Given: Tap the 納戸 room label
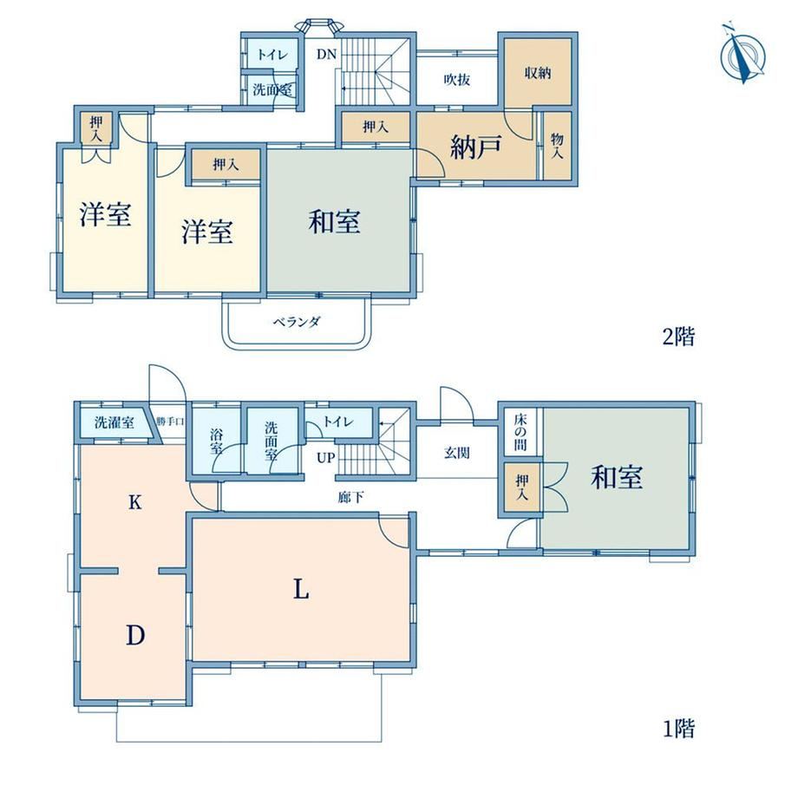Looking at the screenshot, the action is pyautogui.click(x=476, y=147).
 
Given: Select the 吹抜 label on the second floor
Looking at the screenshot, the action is pyautogui.click(x=456, y=80).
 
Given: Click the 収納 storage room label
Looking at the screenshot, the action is pyautogui.click(x=538, y=73).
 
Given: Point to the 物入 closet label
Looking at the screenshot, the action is pyautogui.click(x=557, y=146).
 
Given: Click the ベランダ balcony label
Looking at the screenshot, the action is pyautogui.click(x=298, y=322).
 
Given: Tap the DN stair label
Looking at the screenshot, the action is pyautogui.click(x=326, y=54).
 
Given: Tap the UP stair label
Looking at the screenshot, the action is pyautogui.click(x=326, y=457).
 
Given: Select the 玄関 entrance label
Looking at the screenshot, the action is pyautogui.click(x=456, y=453).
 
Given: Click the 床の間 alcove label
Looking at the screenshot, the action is pyautogui.click(x=520, y=433).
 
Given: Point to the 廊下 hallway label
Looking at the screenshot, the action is pyautogui.click(x=350, y=497).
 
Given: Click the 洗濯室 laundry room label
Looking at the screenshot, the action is pyautogui.click(x=114, y=422).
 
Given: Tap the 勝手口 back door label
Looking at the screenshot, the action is pyautogui.click(x=170, y=422).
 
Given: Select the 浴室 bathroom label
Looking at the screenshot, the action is pyautogui.click(x=216, y=442).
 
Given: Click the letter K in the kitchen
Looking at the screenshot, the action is pyautogui.click(x=134, y=503).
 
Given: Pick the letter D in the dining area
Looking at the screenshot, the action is pyautogui.click(x=135, y=635).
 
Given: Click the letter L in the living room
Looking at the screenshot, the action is pyautogui.click(x=301, y=590).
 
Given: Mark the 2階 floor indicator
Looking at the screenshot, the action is pyautogui.click(x=678, y=337).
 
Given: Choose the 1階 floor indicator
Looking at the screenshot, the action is pyautogui.click(x=678, y=729).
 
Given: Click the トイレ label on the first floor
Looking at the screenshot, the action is pyautogui.click(x=338, y=422).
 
